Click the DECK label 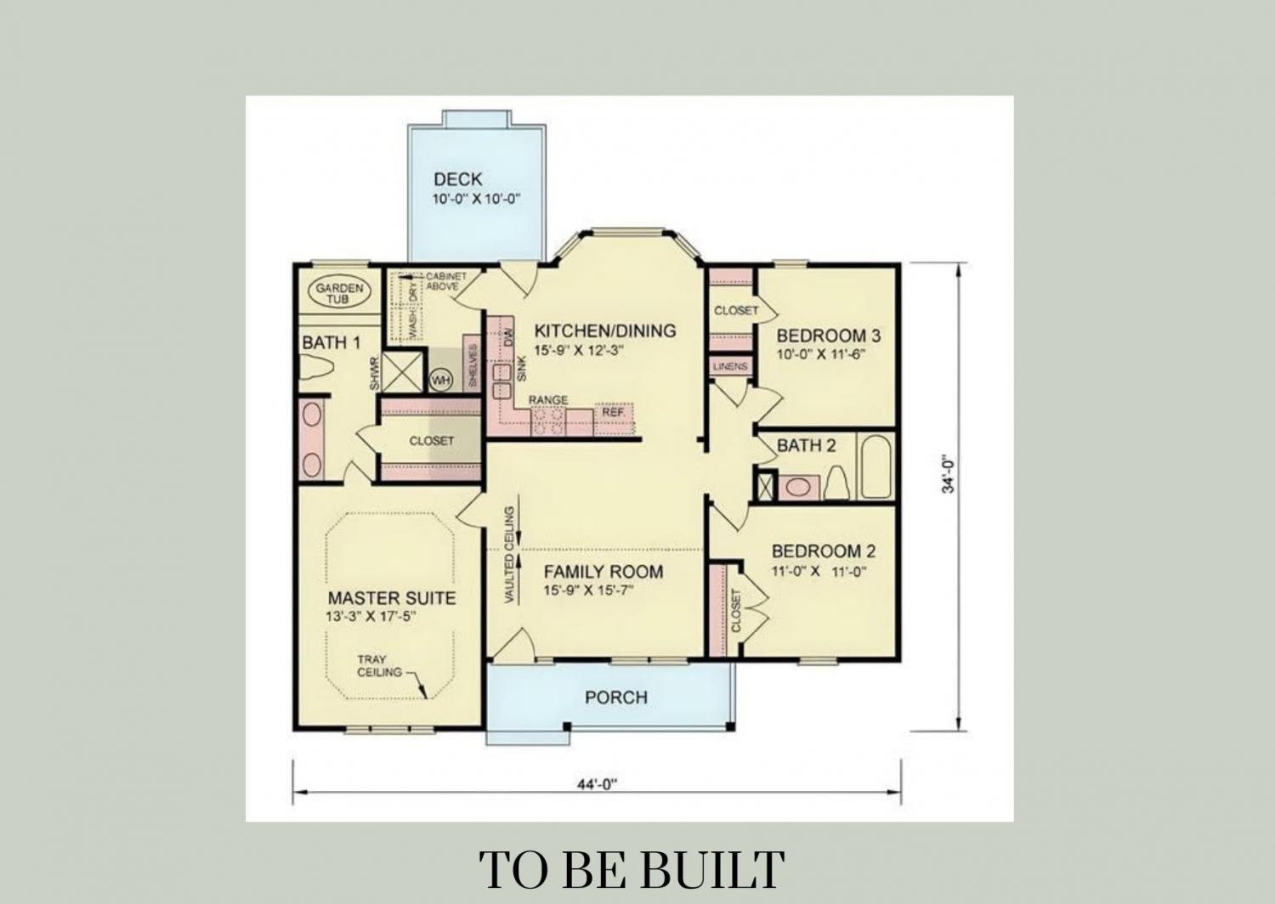point(457,179)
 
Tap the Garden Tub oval point(339,292)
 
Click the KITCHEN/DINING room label point(605,331)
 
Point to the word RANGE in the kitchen point(548,400)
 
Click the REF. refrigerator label point(614,412)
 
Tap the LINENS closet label point(730,366)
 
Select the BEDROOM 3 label point(829,336)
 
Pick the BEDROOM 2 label point(824,551)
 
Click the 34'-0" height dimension point(947,473)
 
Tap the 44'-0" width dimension point(597,784)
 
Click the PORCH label point(616,698)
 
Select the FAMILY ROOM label point(603,571)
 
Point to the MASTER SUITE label point(392,598)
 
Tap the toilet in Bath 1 point(316,367)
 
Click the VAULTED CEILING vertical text point(510,554)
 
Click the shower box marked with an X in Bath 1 point(402,372)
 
